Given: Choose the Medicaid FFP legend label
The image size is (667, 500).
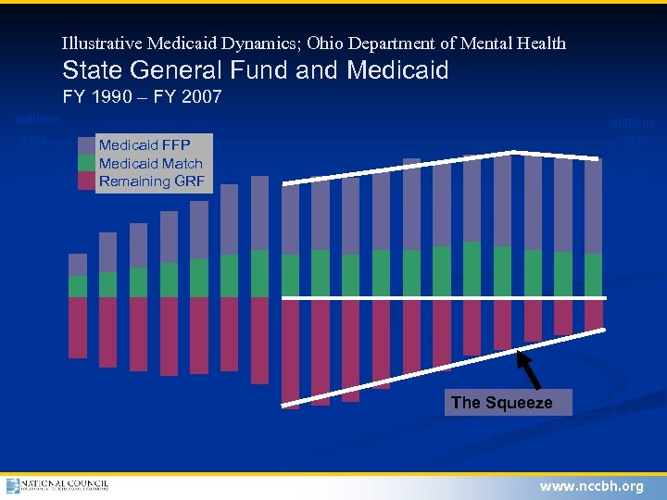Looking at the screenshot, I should point(145,145).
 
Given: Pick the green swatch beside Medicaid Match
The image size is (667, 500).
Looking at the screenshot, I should point(86,163).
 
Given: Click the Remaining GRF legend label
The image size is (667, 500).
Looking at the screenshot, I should point(152,181).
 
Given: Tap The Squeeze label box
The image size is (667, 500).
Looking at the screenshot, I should point(501,403).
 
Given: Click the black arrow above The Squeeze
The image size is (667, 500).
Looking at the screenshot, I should point(528,366).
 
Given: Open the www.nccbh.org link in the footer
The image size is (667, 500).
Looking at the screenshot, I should point(591,486).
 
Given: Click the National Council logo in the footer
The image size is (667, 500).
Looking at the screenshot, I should point(57,486).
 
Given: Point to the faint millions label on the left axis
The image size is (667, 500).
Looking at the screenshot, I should point(37,119).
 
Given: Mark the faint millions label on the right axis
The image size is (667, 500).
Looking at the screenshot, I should point(631,122).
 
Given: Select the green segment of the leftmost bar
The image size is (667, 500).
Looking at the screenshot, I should point(78,286).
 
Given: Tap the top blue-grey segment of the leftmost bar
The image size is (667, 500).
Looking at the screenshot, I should point(78,265).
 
